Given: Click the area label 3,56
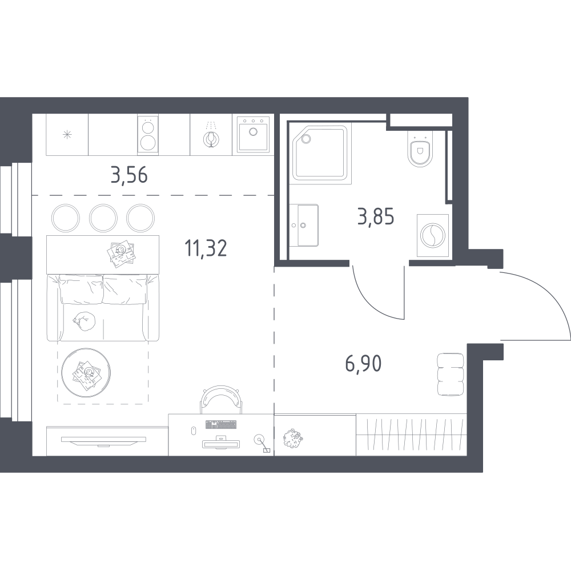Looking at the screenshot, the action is (129, 175).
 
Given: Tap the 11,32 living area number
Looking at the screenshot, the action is (206, 248).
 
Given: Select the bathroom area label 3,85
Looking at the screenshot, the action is (376, 217).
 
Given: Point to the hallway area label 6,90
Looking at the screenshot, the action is (363, 363).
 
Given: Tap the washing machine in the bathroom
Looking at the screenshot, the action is (433, 235).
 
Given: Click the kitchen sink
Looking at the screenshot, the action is (253, 134).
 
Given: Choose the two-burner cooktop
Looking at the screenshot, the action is (148, 135).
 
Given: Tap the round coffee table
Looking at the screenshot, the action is (86, 372).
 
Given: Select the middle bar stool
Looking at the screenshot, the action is (103, 218).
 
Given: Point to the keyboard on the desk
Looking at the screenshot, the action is (220, 424).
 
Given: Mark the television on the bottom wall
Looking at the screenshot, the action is (103, 441).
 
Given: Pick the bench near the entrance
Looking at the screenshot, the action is (451, 374).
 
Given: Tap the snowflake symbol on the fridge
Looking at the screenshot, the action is (67, 135).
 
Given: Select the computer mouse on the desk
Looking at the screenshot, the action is (194, 430).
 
